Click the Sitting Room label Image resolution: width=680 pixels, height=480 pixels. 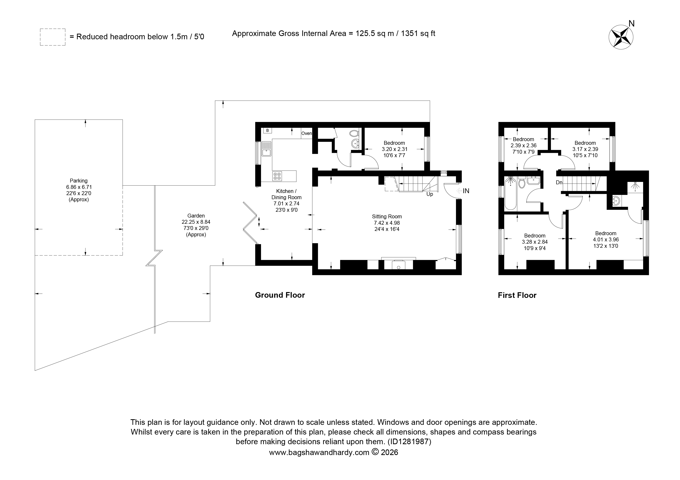point(387,217)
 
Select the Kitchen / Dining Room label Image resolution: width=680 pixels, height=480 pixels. point(286,194)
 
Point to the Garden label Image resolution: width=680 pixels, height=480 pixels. point(196,216)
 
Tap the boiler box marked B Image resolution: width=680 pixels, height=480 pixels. point(267,130)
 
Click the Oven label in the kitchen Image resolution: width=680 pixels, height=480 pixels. point(307,133)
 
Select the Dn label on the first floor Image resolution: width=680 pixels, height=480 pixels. point(559,183)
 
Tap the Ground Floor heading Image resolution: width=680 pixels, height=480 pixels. point(280,295)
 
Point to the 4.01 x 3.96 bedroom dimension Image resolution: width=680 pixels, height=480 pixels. point(606,240)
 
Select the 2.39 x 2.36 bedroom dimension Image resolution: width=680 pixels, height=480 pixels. point(524,146)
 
